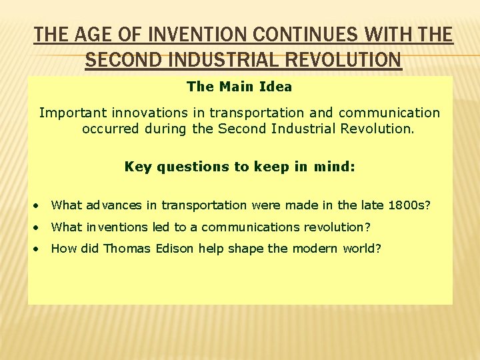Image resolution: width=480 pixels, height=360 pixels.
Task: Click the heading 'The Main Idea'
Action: (x=239, y=87)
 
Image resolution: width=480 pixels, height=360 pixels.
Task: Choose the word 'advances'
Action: (x=112, y=205)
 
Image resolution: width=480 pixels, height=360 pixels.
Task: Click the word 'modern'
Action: (x=311, y=249)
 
